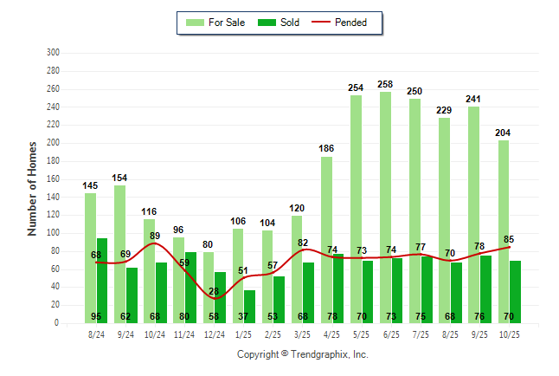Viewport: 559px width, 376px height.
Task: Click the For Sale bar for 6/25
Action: coord(385,208)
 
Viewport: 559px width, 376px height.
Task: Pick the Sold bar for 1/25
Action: coord(250,307)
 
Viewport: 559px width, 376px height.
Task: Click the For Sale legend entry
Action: coord(217,23)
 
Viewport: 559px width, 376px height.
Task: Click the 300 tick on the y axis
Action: coord(53,53)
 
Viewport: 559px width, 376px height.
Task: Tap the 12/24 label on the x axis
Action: coord(214,334)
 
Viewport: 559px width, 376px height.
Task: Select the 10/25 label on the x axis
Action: coord(510,334)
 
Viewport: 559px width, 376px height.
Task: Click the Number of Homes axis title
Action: coord(32,188)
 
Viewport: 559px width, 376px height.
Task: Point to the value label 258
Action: coord(386,84)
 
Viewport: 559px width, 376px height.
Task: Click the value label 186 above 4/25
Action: coord(326,149)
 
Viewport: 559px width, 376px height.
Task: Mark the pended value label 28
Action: coord(214,291)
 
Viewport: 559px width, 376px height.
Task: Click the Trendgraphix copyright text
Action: coord(303,354)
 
